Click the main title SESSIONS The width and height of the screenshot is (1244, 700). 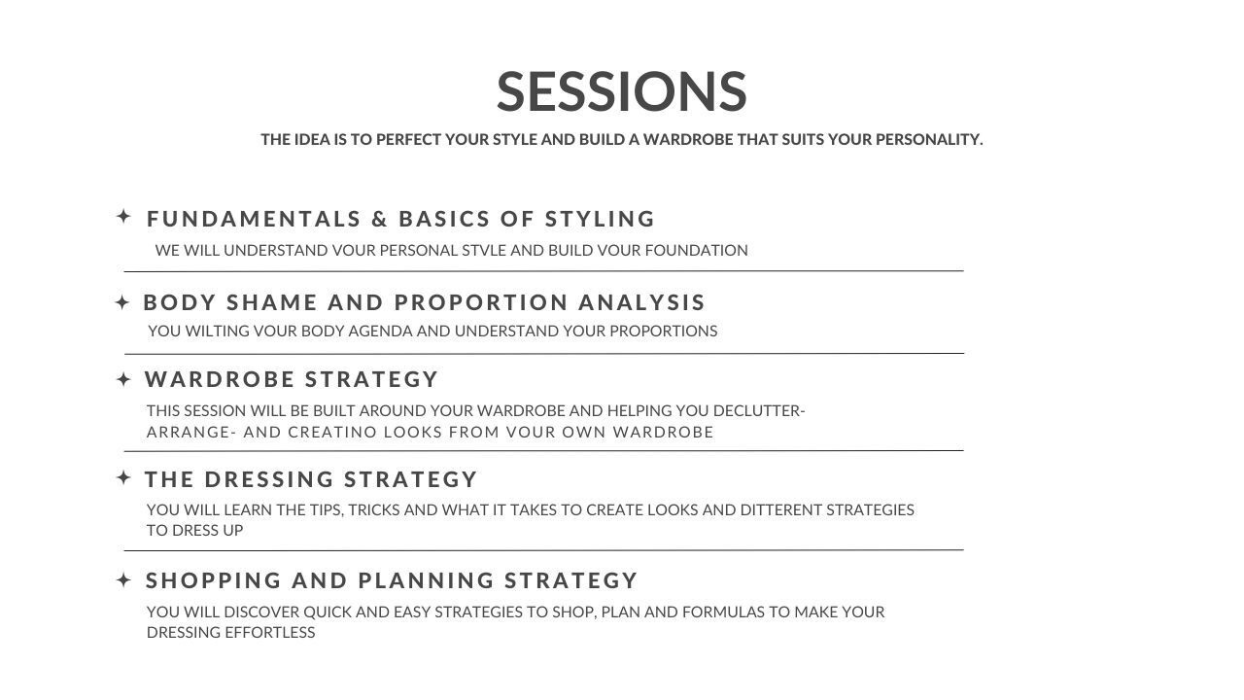(x=621, y=91)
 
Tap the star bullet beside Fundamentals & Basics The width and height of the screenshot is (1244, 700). (x=123, y=216)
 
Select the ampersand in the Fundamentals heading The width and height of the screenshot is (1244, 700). (x=379, y=219)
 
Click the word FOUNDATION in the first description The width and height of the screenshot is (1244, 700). (x=697, y=251)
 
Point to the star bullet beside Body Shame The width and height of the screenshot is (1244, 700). (x=122, y=302)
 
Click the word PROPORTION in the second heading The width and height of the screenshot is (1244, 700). (x=481, y=302)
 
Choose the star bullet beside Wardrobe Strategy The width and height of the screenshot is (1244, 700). (x=123, y=379)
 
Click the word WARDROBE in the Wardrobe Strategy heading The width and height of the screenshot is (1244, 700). (x=220, y=379)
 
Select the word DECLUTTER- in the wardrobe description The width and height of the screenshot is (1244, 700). (x=759, y=411)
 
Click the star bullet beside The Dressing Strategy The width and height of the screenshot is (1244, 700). (x=123, y=477)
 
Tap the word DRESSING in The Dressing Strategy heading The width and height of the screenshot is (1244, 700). (x=269, y=479)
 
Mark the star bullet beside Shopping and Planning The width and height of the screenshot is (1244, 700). (x=123, y=580)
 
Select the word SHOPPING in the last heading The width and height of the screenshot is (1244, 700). (x=214, y=580)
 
